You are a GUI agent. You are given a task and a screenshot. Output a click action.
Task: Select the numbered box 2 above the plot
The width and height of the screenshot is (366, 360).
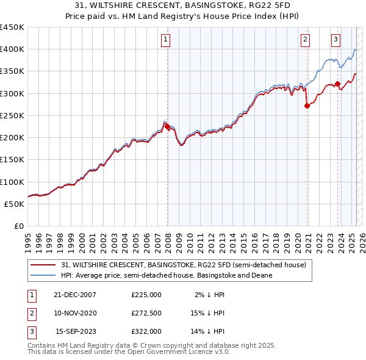pos(305,40)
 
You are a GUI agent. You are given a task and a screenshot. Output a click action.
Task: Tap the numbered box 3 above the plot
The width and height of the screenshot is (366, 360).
pos(335,40)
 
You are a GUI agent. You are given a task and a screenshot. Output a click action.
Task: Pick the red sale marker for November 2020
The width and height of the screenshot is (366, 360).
pos(307,106)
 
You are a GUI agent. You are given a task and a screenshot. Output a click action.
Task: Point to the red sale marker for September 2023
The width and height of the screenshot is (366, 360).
pos(337,84)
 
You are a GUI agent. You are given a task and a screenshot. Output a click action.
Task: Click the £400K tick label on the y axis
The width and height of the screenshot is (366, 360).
pos(12,49)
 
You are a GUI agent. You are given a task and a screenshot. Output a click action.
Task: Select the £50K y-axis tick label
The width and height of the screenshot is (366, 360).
pos(15,204)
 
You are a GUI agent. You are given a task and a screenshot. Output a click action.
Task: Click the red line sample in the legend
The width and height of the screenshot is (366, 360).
pos(43,265)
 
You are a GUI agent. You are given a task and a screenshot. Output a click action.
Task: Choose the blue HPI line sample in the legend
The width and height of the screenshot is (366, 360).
pos(43,275)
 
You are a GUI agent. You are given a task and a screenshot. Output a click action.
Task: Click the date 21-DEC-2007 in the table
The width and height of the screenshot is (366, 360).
pos(75,295)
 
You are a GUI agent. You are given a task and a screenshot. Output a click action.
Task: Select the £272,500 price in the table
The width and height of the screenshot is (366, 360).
pos(146,313)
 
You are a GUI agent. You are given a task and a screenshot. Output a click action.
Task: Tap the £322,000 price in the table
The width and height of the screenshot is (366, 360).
pos(146,331)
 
